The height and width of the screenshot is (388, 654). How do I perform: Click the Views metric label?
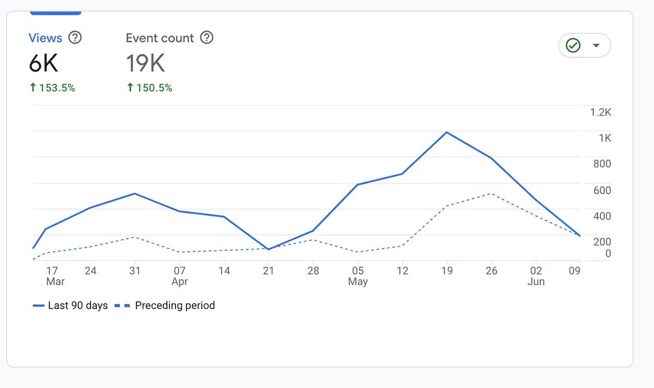coord(45,38)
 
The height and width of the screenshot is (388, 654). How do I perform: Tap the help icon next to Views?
coord(75,38)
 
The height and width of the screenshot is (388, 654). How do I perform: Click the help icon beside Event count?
coord(207,38)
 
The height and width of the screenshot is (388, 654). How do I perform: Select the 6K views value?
coord(43,64)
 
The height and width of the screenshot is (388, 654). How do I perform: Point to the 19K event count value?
coord(146,64)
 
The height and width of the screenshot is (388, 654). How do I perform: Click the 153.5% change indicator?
coord(52,88)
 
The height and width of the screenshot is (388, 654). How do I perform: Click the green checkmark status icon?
coord(573,45)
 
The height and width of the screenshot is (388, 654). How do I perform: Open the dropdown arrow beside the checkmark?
coord(596,45)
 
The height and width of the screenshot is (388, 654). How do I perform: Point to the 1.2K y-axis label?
coord(601,113)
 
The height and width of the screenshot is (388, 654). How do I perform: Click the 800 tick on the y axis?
coord(602,164)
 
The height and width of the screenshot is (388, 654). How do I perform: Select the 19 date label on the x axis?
coord(447,270)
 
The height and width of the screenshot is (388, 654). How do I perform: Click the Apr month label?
coord(180,281)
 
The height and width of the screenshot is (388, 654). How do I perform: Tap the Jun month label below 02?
coord(536,281)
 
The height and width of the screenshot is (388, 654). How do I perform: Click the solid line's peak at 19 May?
coord(447,132)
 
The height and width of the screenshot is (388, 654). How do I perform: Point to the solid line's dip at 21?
coord(268,249)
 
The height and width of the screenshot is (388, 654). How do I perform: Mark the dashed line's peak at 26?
coord(492,194)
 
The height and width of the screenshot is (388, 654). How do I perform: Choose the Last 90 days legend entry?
coord(70,306)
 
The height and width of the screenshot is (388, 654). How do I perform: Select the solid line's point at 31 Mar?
coord(135,194)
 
